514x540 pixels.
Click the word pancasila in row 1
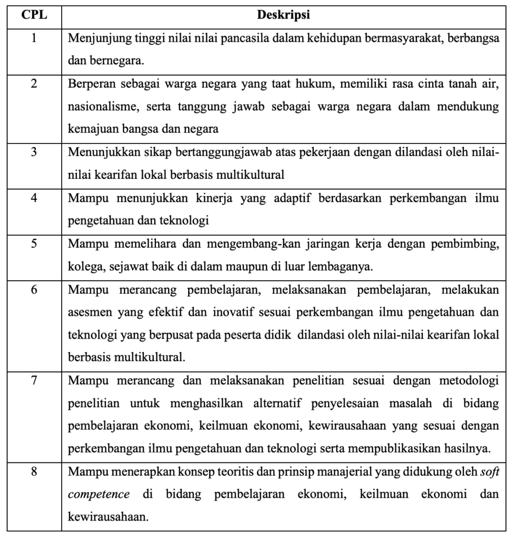221,39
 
